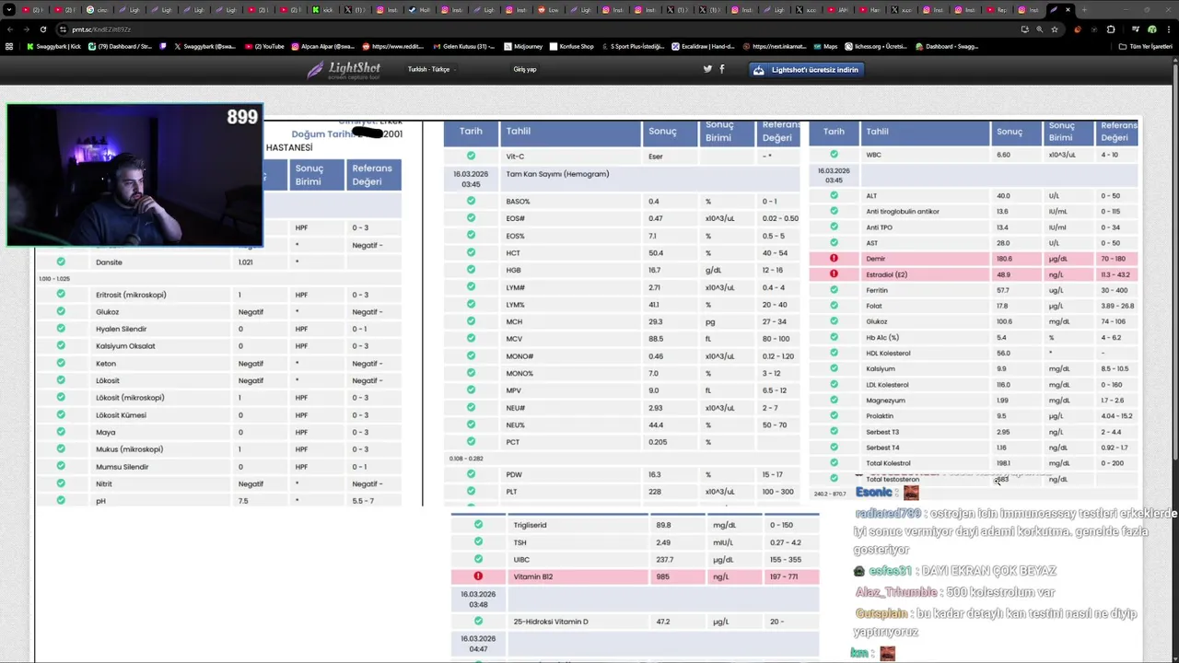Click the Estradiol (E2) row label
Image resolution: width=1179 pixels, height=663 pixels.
click(886, 274)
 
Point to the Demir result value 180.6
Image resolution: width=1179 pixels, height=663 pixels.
click(1004, 259)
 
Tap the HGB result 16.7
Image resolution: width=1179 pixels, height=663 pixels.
click(655, 271)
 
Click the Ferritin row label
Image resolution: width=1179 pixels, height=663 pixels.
click(877, 290)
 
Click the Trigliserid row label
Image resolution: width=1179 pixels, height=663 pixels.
click(530, 525)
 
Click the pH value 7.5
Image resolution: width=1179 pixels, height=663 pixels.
click(243, 501)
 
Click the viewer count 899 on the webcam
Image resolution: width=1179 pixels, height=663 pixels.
click(242, 117)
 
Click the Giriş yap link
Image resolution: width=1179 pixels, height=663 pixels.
click(525, 69)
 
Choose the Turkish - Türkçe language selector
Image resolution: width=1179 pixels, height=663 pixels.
click(429, 69)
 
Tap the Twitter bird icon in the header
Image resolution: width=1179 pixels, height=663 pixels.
click(707, 69)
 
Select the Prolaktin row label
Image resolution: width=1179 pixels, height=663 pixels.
click(880, 416)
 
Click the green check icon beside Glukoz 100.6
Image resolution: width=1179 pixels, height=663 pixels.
click(834, 321)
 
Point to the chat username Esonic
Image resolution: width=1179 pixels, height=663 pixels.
click(873, 492)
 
